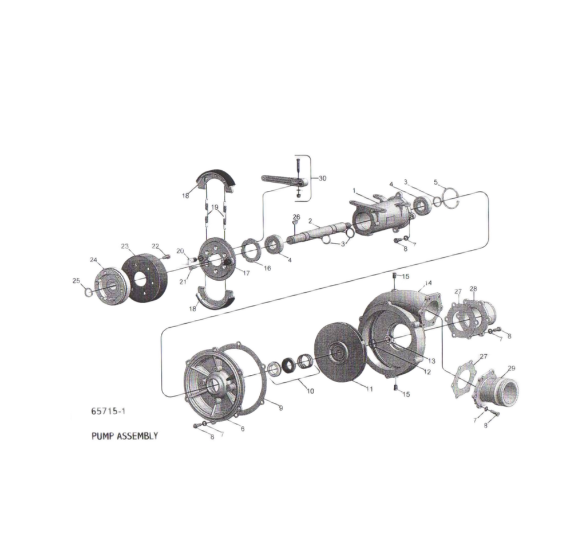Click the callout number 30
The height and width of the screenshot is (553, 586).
click(323, 178)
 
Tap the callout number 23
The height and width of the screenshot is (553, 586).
click(125, 245)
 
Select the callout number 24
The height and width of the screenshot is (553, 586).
click(93, 260)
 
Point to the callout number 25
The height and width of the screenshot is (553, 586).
click(75, 280)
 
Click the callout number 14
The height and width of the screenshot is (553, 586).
click(428, 283)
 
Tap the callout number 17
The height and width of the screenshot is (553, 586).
click(246, 273)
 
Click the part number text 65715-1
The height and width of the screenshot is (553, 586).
click(108, 411)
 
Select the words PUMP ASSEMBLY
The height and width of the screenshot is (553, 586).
click(124, 436)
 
